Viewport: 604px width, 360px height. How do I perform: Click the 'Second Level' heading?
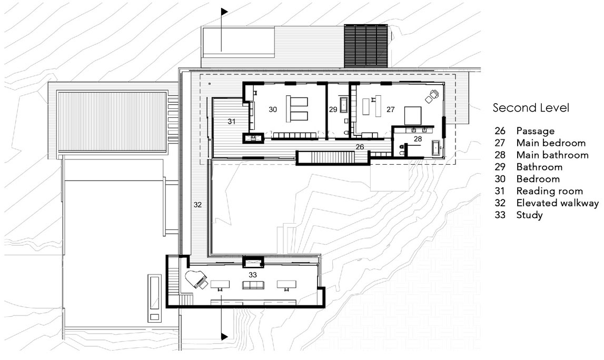531,108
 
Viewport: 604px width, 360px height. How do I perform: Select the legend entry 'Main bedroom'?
551,143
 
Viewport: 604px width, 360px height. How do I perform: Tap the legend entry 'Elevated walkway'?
557,203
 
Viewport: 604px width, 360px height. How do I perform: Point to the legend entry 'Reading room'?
549,191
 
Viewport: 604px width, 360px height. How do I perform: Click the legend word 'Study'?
529,215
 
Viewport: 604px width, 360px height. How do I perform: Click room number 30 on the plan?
273,109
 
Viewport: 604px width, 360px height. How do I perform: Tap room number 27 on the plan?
390,109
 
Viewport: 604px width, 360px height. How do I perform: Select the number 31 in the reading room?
231,122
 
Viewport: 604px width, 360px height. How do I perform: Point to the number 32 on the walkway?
197,205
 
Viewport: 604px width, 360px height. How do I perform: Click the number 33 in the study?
253,275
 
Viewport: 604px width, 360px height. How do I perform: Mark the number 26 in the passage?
360,147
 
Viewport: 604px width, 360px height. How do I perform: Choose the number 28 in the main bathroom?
418,139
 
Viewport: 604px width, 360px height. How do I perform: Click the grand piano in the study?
196,279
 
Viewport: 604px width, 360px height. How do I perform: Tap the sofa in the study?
253,285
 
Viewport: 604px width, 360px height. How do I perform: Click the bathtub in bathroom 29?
344,105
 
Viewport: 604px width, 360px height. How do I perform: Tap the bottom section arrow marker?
224,336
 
